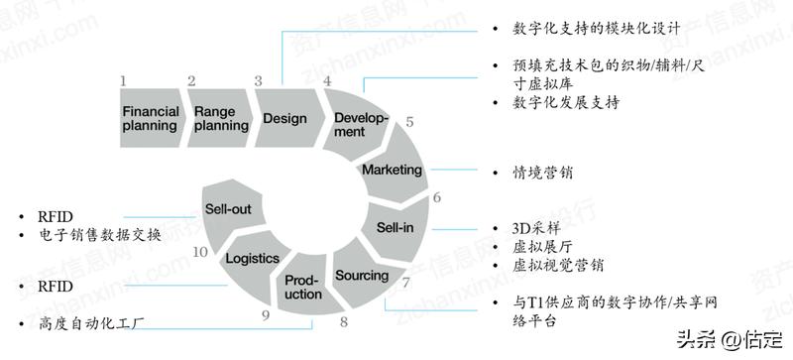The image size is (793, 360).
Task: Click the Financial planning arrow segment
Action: point(150,118)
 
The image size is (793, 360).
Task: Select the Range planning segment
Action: point(215,118)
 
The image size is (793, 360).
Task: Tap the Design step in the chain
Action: point(284,118)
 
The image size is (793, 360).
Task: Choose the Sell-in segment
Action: point(394,227)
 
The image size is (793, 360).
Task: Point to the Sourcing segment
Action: point(362,273)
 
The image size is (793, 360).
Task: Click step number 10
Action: point(200,252)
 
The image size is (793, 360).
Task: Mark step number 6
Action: point(436,197)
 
